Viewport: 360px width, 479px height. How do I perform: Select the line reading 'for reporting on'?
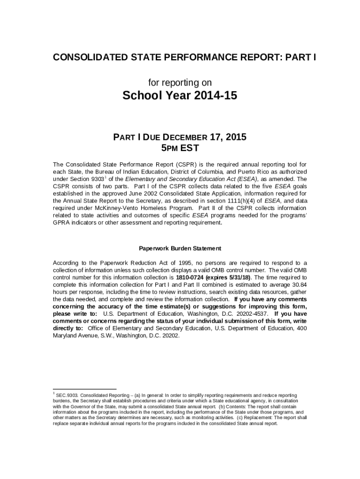pyautogui.click(x=180, y=83)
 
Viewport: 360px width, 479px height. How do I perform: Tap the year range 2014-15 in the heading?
pyautogui.click(x=213, y=96)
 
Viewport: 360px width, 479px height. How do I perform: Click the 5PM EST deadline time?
pyautogui.click(x=180, y=149)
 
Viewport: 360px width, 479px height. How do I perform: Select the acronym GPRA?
pyautogui.click(x=61, y=223)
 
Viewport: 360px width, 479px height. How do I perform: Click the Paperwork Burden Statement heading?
pyautogui.click(x=180, y=249)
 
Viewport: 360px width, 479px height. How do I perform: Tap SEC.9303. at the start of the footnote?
pyautogui.click(x=67, y=395)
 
